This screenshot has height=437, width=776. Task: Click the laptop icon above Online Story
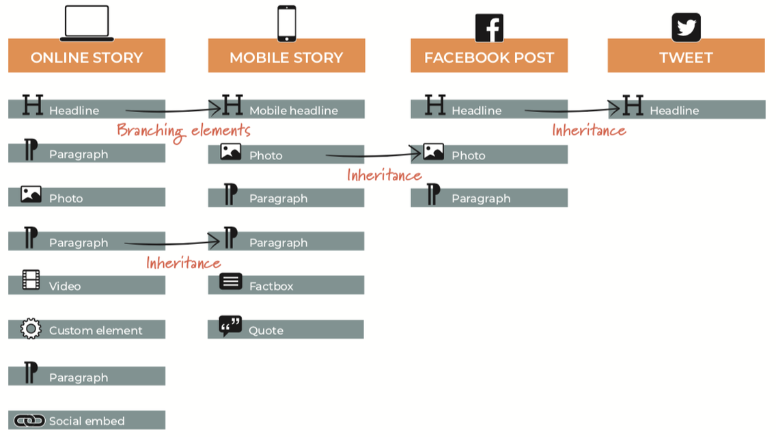click(87, 23)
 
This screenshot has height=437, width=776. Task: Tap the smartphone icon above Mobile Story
click(286, 23)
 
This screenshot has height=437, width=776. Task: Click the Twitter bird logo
click(686, 27)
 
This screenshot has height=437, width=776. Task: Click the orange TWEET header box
click(686, 56)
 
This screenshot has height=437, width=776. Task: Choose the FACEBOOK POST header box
click(489, 56)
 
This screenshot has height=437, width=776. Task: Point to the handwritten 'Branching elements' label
click(183, 130)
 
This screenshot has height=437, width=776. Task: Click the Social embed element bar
click(87, 421)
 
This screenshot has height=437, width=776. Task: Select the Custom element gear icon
click(31, 329)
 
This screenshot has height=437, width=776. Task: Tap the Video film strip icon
click(31, 280)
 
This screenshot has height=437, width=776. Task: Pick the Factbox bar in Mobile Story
click(286, 285)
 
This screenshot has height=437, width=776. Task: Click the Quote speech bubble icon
click(230, 326)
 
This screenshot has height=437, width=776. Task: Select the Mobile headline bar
click(286, 109)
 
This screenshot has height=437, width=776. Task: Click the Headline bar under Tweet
click(687, 109)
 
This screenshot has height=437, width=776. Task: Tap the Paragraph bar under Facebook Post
click(489, 198)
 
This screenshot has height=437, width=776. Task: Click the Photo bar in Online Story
click(87, 198)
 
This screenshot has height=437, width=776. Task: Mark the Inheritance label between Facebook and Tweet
click(589, 130)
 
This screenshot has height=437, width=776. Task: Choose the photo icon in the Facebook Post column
click(433, 152)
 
